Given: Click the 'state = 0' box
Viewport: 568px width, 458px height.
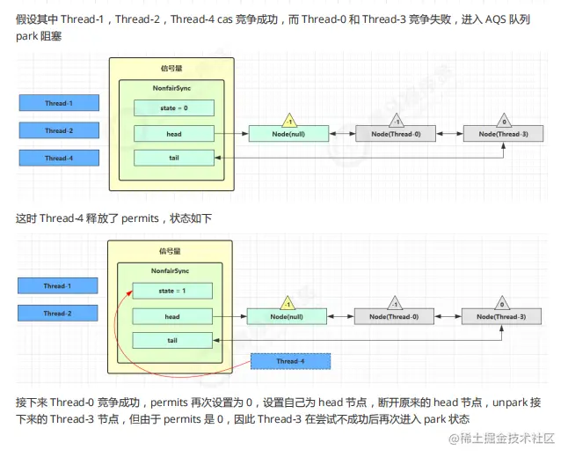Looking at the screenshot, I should pyautogui.click(x=173, y=107).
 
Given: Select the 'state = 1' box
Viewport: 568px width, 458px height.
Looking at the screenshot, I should pyautogui.click(x=172, y=290).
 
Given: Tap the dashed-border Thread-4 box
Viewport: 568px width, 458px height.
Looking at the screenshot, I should pyautogui.click(x=290, y=361).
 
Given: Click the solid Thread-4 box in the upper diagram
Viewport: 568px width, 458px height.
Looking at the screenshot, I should pyautogui.click(x=59, y=158).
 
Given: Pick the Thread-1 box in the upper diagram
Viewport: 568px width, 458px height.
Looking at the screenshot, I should pyautogui.click(x=59, y=103).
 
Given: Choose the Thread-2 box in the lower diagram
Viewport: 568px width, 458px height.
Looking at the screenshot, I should pyautogui.click(x=57, y=313).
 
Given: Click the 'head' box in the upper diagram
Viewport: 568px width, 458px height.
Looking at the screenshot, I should pyautogui.click(x=173, y=134).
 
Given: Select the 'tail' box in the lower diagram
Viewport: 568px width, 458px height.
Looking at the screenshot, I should pyautogui.click(x=172, y=340).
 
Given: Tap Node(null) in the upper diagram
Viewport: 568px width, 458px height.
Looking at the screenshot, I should pyautogui.click(x=288, y=134).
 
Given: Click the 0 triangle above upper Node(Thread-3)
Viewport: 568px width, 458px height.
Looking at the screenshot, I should pyautogui.click(x=504, y=119).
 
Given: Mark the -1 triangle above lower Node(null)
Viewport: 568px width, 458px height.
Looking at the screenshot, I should pyautogui.click(x=286, y=301).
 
